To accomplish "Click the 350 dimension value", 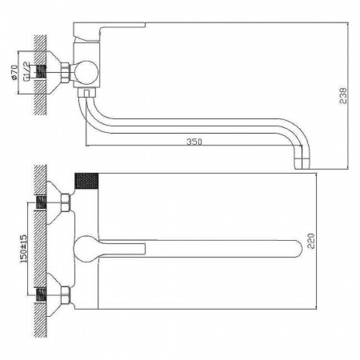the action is click(194, 142).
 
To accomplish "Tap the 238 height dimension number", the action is click(343, 95).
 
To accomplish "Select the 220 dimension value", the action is click(311, 241).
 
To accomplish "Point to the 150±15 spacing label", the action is click(23, 249).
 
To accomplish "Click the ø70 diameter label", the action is click(14, 72).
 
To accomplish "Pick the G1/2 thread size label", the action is click(26, 71).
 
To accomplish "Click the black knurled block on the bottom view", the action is click(86, 181).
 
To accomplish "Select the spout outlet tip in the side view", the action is click(302, 164).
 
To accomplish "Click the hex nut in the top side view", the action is click(66, 73).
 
